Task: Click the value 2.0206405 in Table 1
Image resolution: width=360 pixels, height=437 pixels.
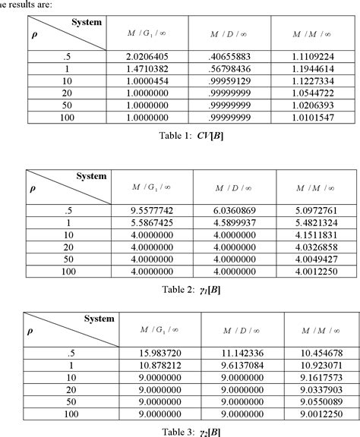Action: tap(150, 55)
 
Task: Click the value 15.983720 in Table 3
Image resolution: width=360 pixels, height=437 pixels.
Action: tap(155, 353)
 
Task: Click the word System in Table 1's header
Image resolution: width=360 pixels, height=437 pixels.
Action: tap(87, 22)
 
